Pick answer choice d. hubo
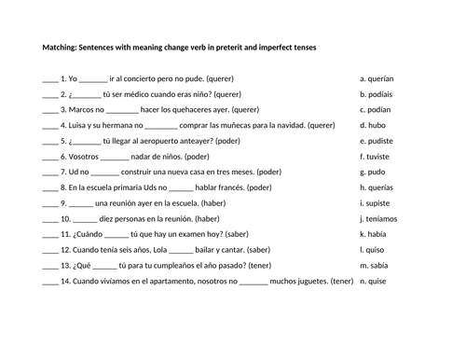pos(372,125)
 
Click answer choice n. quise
pos(374,281)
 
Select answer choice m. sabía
pos(375,265)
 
